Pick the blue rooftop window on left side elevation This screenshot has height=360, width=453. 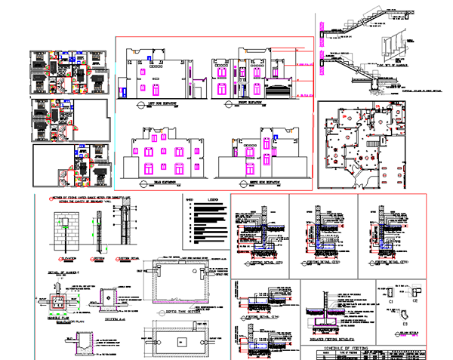point(151,57)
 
